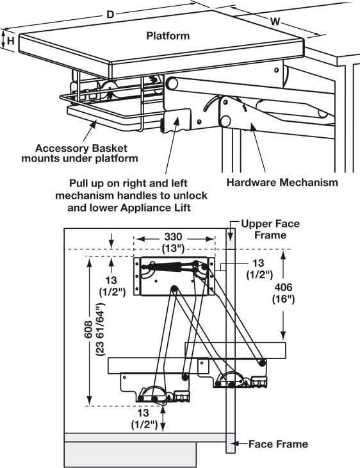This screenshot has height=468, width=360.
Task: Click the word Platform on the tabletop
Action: click(168, 36)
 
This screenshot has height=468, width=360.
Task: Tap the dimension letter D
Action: click(110, 14)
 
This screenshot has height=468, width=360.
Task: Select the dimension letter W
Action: click(275, 22)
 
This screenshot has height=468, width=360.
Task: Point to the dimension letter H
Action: click(11, 40)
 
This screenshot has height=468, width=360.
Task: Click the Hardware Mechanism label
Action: click(282, 182)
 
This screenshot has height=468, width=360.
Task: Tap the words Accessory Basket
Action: click(81, 148)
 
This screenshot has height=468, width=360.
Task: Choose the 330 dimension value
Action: click(173, 237)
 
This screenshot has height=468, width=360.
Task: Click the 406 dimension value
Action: click(283, 287)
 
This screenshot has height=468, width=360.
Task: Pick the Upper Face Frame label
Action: click(270, 230)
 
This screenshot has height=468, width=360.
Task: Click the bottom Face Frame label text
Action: click(278, 444)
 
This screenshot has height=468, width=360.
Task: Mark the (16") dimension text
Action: click(283, 299)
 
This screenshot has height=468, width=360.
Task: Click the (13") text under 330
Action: click(173, 248)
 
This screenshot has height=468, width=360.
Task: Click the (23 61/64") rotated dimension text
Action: click(101, 330)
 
